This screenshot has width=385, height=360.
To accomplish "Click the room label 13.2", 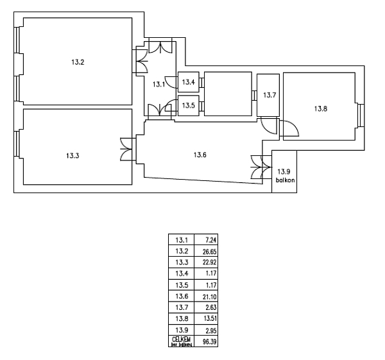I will pyautogui.click(x=78, y=63).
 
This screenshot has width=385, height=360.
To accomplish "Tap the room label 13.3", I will pyautogui.click(x=72, y=155).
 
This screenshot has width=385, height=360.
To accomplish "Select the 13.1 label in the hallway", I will pyautogui.click(x=158, y=84).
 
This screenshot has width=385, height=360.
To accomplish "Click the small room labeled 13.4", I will pyautogui.click(x=187, y=82).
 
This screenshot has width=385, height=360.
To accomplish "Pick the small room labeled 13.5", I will pyautogui.click(x=187, y=105).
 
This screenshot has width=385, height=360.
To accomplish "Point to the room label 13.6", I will pyautogui.click(x=201, y=154).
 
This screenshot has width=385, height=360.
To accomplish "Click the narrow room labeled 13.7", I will pyautogui.click(x=269, y=95).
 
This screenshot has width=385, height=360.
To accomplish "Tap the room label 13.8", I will pyautogui.click(x=320, y=108).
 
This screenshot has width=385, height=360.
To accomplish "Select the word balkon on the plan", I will pyautogui.click(x=285, y=180).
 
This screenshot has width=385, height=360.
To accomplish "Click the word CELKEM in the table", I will pyautogui.click(x=180, y=339).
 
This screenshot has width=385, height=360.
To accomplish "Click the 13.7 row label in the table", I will pyautogui.click(x=180, y=307).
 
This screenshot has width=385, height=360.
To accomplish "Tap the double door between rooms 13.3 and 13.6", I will pyautogui.click(x=126, y=150).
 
